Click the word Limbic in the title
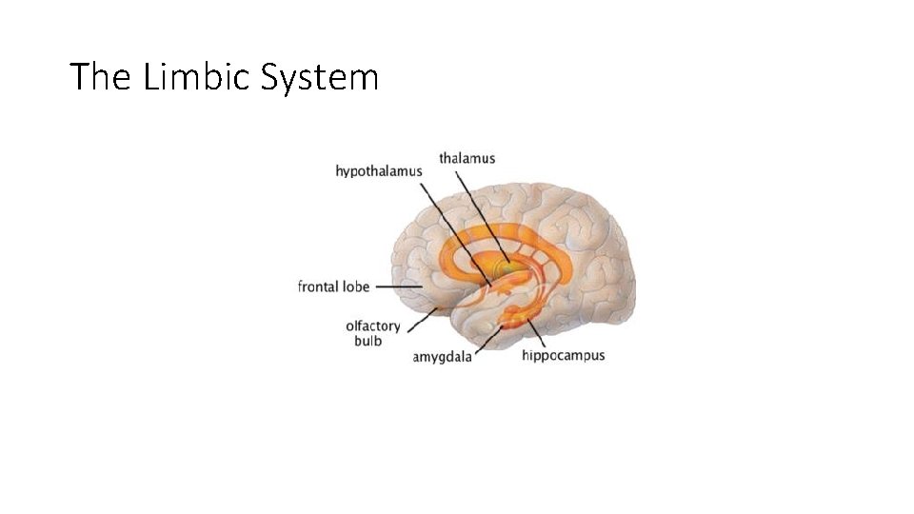(193, 76)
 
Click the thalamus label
(467, 158)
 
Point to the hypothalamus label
(379, 171)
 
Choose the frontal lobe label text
(333, 287)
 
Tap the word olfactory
(373, 326)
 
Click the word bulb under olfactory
(368, 341)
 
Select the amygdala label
(442, 358)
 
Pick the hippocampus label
(563, 356)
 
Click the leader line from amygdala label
(488, 337)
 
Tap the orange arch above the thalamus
(505, 231)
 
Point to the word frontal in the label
(318, 287)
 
